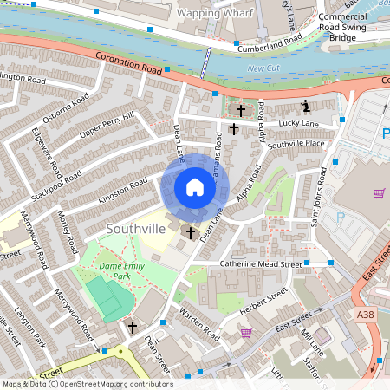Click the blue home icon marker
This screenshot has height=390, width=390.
click(195, 187)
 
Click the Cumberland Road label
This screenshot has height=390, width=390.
click(269, 44)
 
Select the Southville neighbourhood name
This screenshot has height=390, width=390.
click(133, 228)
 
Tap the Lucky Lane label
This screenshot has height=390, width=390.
click(299, 125)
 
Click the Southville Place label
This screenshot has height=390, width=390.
click(296, 143)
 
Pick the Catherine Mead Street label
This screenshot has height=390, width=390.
click(259, 264)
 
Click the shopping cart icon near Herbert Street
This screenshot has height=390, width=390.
click(246, 332)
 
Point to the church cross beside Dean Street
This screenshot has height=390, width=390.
click(132, 328)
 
